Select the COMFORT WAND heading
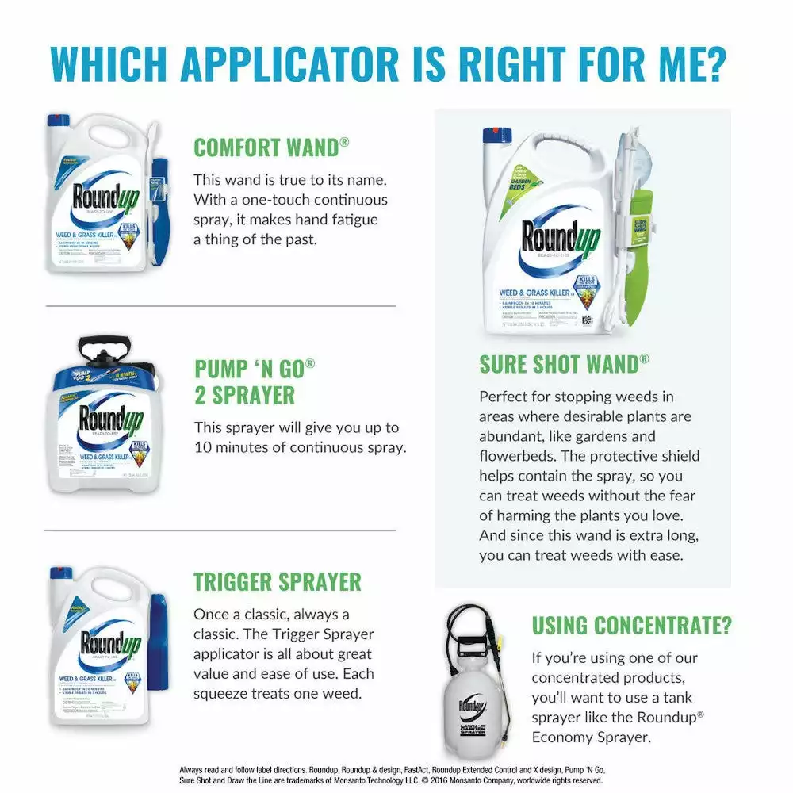pyautogui.click(x=271, y=147)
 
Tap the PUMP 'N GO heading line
pyautogui.click(x=255, y=369)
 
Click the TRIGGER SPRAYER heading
pyautogui.click(x=277, y=581)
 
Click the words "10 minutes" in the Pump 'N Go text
pyautogui.click(x=238, y=447)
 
